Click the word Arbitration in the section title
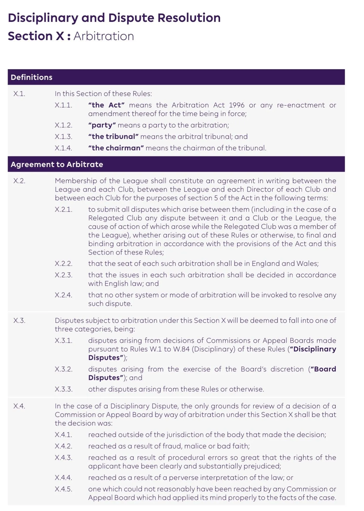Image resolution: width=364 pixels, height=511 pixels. click(104, 36)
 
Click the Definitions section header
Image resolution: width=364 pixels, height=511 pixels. click(31, 77)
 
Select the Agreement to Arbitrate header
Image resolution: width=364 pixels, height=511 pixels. click(57, 164)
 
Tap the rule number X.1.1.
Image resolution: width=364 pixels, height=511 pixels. click(63, 105)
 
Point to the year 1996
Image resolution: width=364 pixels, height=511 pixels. click(237, 105)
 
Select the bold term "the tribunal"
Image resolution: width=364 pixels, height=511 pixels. click(113, 137)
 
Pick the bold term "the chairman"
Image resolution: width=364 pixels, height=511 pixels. click(116, 148)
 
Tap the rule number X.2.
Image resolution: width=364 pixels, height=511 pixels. click(19, 181)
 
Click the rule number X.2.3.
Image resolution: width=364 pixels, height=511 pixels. click(63, 275)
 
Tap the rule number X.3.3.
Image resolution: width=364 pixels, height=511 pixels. click(63, 389)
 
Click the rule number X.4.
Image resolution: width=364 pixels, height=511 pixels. click(19, 406)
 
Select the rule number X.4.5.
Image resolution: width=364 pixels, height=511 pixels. click(63, 489)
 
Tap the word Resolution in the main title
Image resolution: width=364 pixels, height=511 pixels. click(189, 18)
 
